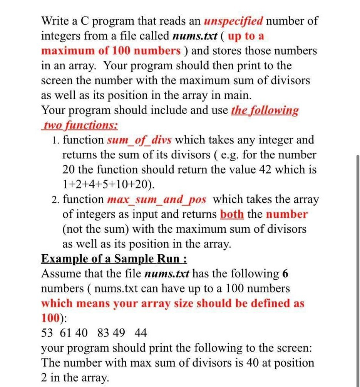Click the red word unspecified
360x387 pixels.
234,21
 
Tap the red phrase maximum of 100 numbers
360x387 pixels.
111,51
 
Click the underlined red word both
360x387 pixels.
232,214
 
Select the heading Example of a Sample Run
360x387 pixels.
114,259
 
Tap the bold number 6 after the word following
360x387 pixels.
285,274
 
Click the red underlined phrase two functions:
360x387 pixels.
80,125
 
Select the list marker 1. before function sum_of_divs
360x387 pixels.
55,140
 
